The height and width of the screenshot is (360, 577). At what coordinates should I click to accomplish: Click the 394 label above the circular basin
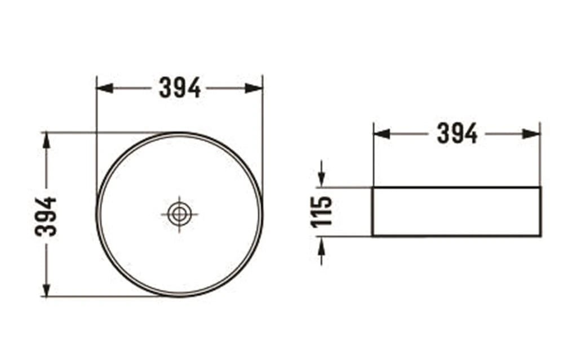coord(180,88)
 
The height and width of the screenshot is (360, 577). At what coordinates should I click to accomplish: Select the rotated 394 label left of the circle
coord(46,216)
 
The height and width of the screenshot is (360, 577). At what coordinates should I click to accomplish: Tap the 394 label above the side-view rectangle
coord(457,134)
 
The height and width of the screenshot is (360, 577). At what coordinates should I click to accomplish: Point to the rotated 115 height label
coord(322,211)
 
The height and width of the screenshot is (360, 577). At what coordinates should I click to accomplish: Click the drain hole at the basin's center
coord(180,214)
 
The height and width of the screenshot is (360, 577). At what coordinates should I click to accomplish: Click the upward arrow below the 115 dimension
coord(321,245)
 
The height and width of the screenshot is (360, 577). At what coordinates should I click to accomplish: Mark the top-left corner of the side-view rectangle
coord(372,187)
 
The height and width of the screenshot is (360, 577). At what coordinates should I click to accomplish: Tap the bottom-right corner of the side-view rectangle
coord(540,236)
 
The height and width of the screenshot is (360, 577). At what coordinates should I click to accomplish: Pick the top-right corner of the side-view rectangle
coord(540,187)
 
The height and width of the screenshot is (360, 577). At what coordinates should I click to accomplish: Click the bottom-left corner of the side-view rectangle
coord(372,236)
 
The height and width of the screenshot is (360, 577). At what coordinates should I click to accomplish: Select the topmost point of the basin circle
coord(180,133)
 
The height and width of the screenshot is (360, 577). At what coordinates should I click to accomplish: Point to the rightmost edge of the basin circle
coord(262,214)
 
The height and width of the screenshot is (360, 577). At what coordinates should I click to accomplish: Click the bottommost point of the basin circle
coord(180,296)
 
